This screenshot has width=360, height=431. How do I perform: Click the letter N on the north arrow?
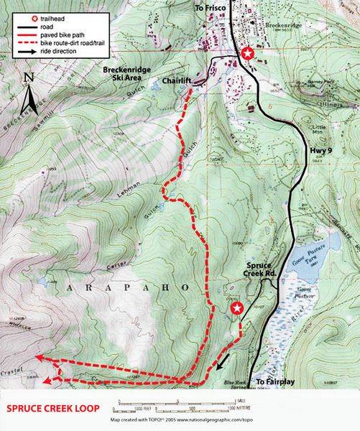pos(27,76)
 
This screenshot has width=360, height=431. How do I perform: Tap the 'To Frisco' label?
pos(209,6)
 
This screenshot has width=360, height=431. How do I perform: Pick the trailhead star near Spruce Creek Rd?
pos(236,309)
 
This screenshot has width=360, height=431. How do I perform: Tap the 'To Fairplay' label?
pos(276,382)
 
